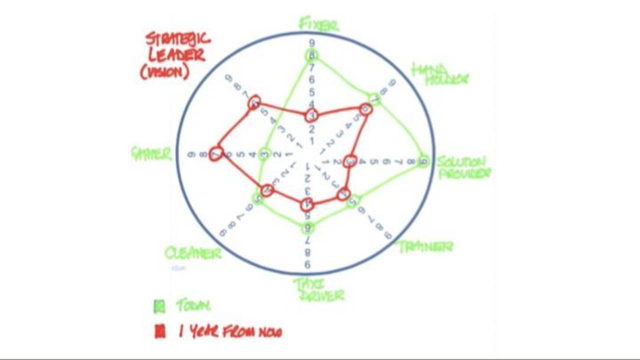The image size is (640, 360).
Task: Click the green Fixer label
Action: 318,24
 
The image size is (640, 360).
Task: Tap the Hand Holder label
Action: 439,74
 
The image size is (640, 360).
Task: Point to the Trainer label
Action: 425,246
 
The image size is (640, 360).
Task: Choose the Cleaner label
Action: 193,252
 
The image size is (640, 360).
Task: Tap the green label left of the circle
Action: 151,153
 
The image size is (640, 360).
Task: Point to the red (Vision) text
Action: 164,72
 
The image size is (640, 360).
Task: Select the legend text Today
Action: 193,306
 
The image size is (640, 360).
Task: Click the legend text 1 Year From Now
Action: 230,331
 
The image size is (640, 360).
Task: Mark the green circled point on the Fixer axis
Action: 312,55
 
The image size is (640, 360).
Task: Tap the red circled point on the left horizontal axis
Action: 216,154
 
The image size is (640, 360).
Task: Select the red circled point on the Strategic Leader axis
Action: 254,103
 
